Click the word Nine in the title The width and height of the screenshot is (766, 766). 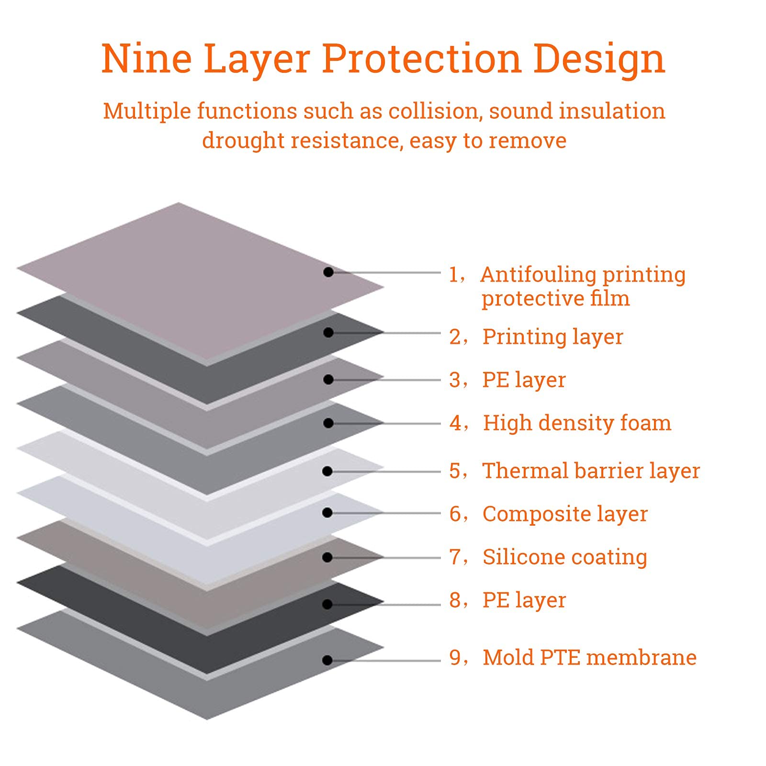[146, 58]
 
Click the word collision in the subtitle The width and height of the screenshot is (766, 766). [433, 111]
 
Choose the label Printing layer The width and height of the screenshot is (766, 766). [552, 338]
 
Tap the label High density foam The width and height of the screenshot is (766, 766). [577, 423]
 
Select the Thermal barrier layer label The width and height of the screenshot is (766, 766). [591, 471]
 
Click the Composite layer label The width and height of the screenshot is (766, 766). [565, 515]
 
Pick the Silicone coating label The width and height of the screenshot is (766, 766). [565, 557]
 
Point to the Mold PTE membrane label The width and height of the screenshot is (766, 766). [589, 657]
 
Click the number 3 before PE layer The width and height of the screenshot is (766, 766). [455, 380]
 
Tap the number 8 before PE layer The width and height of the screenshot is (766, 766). [455, 600]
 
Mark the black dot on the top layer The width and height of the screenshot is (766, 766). [328, 272]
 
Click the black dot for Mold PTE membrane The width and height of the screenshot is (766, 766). [327, 661]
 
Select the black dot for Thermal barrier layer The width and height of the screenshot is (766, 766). [327, 472]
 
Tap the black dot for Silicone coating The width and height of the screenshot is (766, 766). [327, 557]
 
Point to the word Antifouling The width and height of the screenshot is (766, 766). [539, 275]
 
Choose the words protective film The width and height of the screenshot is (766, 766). [555, 299]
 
